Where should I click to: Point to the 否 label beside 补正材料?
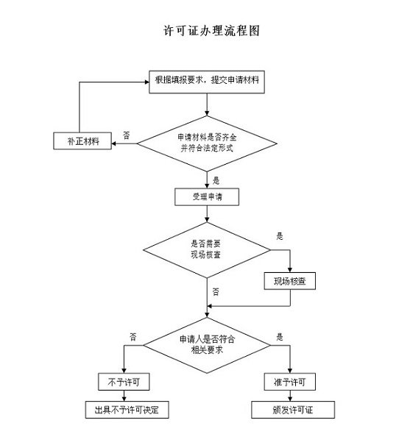coord(126,135)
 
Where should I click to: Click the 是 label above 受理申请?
coord(216,179)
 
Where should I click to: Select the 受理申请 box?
coord(206,196)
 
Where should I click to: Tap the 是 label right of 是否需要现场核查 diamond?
coord(279,236)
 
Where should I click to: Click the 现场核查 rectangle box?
coord(291,282)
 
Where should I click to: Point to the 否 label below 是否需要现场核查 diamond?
coord(216,291)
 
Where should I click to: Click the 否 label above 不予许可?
coord(133,336)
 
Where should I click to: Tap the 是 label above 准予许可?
coord(279,336)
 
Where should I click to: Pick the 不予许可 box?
coord(124,382)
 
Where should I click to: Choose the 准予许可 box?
coord(290,382)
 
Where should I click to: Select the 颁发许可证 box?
coord(290,409)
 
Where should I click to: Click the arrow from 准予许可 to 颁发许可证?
coord(290,396)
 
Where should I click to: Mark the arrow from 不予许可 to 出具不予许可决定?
coord(124,396)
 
